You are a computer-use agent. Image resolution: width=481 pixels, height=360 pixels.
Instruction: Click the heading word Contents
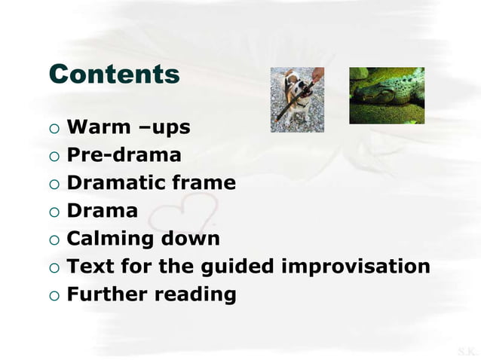114,75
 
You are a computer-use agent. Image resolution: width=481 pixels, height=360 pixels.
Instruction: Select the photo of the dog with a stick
297,99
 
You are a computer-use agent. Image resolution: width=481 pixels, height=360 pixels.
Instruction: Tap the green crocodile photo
386,96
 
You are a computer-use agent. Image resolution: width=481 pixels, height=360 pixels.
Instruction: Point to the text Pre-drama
124,156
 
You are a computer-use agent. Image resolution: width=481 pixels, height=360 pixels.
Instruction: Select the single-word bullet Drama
103,211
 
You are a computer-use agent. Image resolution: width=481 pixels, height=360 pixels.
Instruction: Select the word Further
108,294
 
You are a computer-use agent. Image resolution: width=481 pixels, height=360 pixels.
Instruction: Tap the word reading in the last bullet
195,294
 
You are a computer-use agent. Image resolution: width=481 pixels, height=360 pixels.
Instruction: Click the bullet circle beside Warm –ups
53,129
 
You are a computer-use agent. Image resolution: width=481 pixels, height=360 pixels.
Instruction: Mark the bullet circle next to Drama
53,212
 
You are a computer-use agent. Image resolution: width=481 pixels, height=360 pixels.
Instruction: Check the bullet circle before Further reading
53,294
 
